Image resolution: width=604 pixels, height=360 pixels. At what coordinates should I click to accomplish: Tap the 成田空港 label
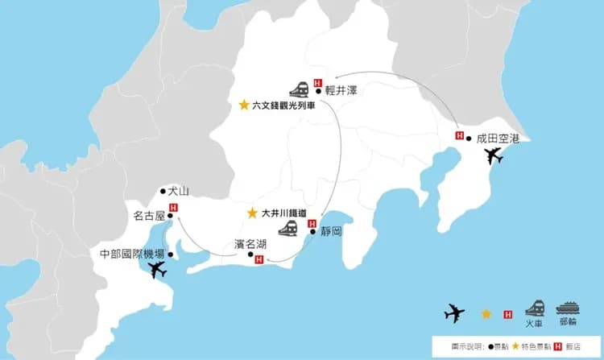tap(499, 139)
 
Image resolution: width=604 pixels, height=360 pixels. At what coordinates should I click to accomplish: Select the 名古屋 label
tap(149, 216)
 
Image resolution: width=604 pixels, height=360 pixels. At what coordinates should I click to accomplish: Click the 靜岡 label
tap(331, 231)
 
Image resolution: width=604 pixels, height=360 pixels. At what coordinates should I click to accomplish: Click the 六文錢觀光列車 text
tap(283, 106)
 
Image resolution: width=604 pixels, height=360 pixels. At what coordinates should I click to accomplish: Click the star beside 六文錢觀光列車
tap(244, 106)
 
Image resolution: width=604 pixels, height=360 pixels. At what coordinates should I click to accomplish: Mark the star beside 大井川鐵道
tap(252, 213)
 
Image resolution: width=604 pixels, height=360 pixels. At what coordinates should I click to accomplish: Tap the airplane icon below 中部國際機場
tap(158, 271)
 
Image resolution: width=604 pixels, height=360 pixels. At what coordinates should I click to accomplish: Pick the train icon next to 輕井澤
tap(299, 89)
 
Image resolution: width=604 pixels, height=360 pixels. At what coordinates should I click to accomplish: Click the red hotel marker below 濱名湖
tap(259, 259)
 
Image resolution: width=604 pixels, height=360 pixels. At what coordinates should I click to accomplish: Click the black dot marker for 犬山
tap(163, 192)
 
